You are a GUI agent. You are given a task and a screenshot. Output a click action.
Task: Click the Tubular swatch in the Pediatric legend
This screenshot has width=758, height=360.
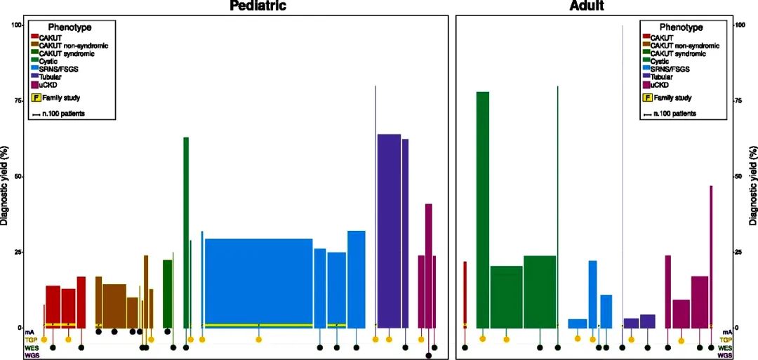[x=35, y=76]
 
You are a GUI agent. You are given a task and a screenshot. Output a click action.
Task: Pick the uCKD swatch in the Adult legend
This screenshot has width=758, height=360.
[x=646, y=84]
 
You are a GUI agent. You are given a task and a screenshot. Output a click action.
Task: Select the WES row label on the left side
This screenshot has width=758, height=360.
[x=31, y=347]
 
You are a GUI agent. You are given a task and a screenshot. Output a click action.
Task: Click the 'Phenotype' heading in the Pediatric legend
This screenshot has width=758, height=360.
[x=69, y=27]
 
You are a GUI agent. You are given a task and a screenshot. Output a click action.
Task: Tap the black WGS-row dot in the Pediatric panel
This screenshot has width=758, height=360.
[x=428, y=355]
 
